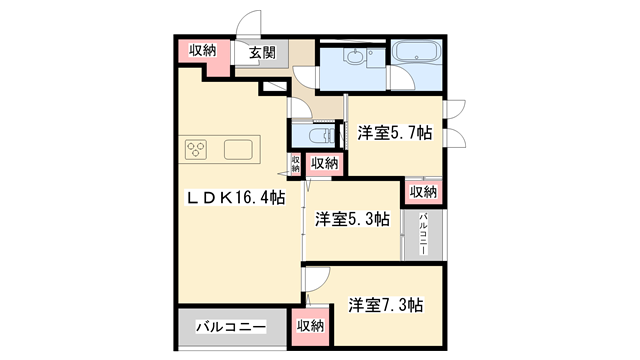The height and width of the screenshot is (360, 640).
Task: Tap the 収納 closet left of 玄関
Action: coord(203,51)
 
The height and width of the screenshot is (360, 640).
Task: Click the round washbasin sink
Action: coord(352,57)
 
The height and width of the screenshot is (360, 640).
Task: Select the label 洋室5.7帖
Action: coord(395,131)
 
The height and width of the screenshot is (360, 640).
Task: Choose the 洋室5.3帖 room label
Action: coord(352,219)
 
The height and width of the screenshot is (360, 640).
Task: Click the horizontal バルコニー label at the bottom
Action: coord(230,326)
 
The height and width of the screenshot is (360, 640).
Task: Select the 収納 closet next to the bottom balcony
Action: coord(311,325)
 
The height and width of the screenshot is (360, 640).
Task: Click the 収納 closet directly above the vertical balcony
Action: coord(423,191)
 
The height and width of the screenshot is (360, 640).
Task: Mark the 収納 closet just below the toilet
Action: coord(323,163)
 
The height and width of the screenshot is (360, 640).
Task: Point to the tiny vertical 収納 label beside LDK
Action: coord(296,163)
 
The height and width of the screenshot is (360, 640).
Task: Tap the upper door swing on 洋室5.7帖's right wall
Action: coord(455,110)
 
